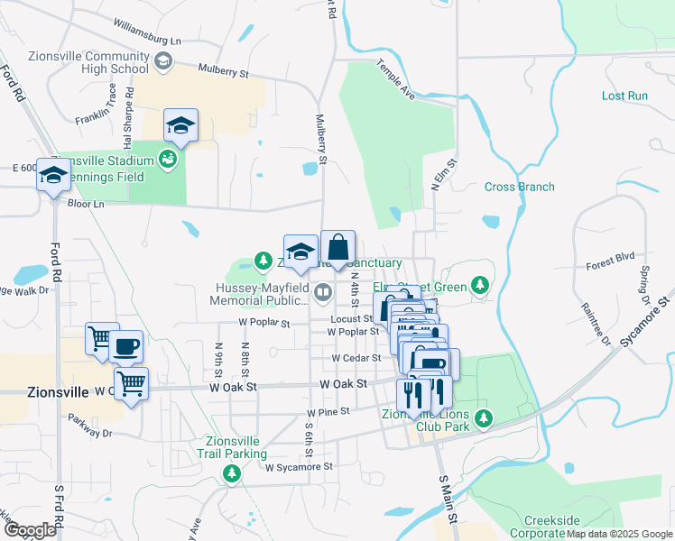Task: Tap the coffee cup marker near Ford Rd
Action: [126, 345]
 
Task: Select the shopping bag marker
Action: [337, 247]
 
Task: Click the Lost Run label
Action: [624, 96]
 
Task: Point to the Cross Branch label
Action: [519, 188]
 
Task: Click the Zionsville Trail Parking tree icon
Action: [233, 472]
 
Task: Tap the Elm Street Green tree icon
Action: [480, 285]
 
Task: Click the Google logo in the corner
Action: [30, 529]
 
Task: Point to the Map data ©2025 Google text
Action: [619, 534]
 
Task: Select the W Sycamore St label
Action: [300, 467]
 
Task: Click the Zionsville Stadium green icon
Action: [167, 160]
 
